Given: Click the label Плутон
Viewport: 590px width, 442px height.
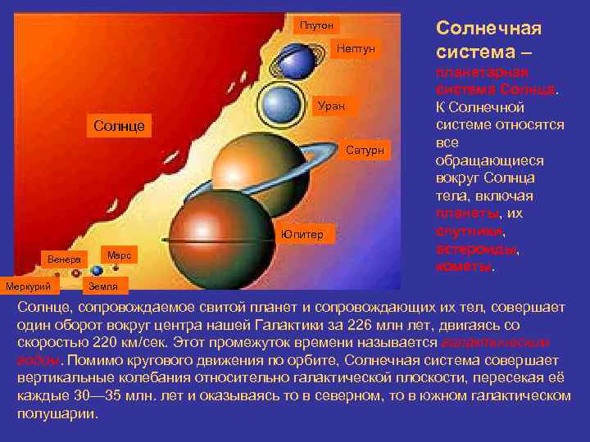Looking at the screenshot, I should (x=315, y=26).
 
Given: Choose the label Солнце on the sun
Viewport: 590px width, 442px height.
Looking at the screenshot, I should (x=119, y=126).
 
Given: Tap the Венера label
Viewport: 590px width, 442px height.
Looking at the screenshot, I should (x=64, y=259).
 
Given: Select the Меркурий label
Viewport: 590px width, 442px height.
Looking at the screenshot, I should (x=29, y=286).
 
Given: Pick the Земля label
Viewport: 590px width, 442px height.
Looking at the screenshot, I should (x=103, y=286).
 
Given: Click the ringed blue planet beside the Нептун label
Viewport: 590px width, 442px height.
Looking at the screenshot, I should (x=297, y=59).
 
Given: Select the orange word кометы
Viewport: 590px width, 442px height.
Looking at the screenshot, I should (x=463, y=267).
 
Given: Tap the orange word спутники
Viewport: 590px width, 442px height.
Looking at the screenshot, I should (x=469, y=231).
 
